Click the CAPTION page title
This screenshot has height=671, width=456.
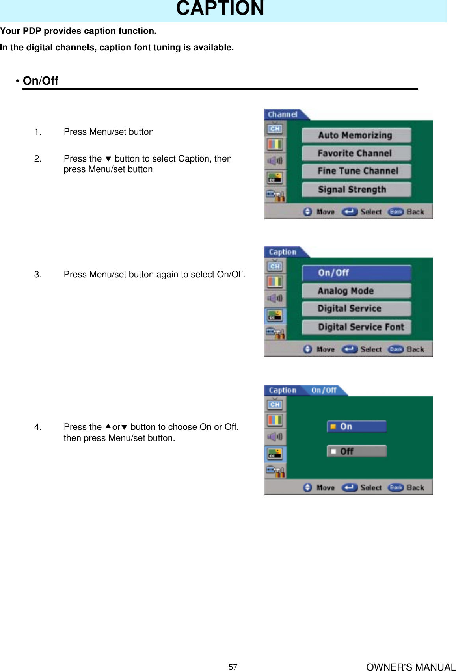[x=220, y=9]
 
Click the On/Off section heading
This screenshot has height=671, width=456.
[x=40, y=81]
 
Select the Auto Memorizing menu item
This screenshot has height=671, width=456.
[x=356, y=135]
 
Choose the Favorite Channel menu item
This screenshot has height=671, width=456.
[x=356, y=153]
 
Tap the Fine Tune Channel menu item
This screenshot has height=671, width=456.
[x=356, y=171]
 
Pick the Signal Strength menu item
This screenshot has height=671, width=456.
[x=356, y=190]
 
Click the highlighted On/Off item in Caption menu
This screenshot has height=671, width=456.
[x=356, y=273]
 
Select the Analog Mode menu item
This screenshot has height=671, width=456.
[x=356, y=291]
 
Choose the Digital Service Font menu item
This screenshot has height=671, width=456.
[x=356, y=327]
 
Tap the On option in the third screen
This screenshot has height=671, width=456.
[x=356, y=427]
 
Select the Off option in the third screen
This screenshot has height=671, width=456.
[x=356, y=451]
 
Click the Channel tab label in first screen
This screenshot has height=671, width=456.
[x=283, y=115]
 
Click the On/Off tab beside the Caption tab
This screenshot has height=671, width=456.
[x=324, y=390]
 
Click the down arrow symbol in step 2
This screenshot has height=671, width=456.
[x=108, y=159]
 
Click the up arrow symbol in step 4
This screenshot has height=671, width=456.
[x=108, y=427]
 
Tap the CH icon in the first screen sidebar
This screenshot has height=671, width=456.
[x=275, y=129]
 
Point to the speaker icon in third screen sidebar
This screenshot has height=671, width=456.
[x=275, y=437]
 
